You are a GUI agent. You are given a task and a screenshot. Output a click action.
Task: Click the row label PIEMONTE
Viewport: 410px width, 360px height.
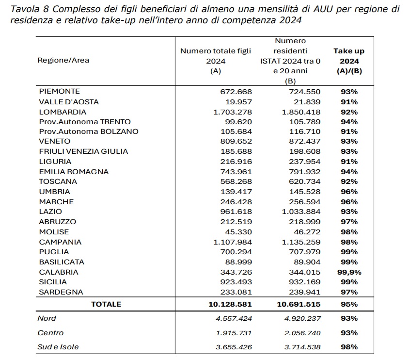(x=59, y=91)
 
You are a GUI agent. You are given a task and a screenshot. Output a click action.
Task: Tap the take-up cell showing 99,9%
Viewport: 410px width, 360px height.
(x=349, y=272)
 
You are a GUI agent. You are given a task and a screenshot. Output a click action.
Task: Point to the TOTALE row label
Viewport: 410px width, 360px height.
(x=106, y=304)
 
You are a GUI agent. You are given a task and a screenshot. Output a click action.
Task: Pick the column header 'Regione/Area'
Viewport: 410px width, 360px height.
(x=63, y=60)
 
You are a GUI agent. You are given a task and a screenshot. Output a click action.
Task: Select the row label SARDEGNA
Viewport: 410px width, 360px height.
(x=61, y=292)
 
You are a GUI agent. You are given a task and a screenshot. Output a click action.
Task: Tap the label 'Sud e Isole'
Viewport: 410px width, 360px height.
(x=58, y=347)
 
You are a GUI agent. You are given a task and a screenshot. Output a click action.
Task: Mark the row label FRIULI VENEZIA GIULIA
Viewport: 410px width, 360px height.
(x=83, y=151)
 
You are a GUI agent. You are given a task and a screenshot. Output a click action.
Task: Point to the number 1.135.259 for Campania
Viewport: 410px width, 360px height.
(x=291, y=242)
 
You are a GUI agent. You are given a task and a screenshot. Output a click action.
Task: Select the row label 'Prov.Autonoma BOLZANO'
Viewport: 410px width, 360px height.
(x=89, y=131)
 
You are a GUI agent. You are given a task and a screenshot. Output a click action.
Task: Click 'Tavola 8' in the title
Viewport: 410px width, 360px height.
(x=31, y=9)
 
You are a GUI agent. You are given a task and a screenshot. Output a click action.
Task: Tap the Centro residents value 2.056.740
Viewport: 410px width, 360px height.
(x=291, y=333)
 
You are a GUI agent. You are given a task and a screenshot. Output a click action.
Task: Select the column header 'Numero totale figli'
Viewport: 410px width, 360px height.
(x=216, y=51)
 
